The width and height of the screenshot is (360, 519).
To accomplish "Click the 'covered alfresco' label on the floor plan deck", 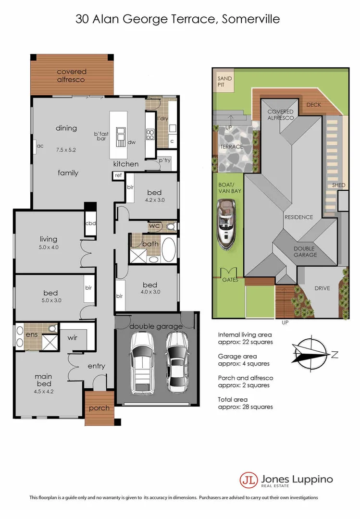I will [71, 75].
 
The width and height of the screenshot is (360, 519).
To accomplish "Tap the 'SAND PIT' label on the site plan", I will [224, 82].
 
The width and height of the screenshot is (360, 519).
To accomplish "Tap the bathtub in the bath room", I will [168, 248].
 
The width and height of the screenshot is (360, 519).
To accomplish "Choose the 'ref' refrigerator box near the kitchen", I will [118, 176].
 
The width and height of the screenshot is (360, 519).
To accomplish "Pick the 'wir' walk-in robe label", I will [73, 337].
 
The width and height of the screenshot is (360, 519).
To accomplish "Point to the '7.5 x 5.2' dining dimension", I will [66, 149].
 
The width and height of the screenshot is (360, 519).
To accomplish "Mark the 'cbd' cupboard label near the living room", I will [90, 223].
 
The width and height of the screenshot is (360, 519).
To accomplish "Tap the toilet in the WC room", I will [170, 226].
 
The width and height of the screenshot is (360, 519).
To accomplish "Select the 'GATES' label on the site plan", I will [229, 280].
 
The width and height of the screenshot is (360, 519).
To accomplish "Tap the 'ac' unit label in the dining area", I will [40, 146].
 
